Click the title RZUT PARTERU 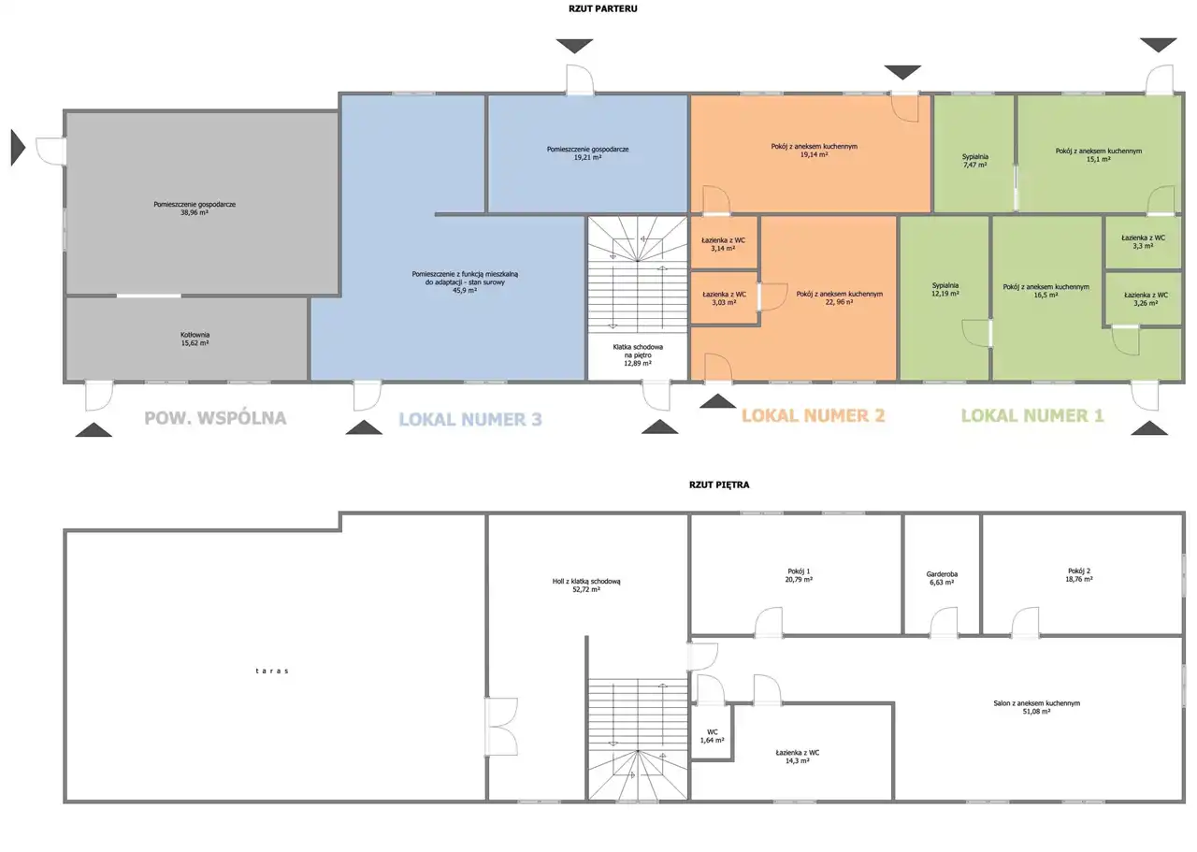tap(603, 8)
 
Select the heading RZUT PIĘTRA tap(719, 484)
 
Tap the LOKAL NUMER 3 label tap(470, 419)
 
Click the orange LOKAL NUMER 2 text tap(813, 415)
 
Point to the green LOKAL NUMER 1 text tap(1031, 415)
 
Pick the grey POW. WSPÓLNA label tap(215, 417)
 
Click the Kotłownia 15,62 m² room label tap(195, 339)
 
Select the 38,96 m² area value tap(195, 212)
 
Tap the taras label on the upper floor tap(272, 671)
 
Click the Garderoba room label tap(942, 574)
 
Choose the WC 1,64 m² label tap(712, 736)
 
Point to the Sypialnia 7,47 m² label tap(974, 160)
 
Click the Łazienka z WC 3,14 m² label tap(723, 244)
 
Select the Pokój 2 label tap(1079, 570)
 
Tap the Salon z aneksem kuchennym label tap(1037, 703)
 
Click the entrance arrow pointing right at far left tap(18, 148)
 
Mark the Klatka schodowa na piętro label tap(638, 354)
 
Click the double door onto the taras tap(501, 726)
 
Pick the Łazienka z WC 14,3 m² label tap(798, 757)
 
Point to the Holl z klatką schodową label tap(586, 581)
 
